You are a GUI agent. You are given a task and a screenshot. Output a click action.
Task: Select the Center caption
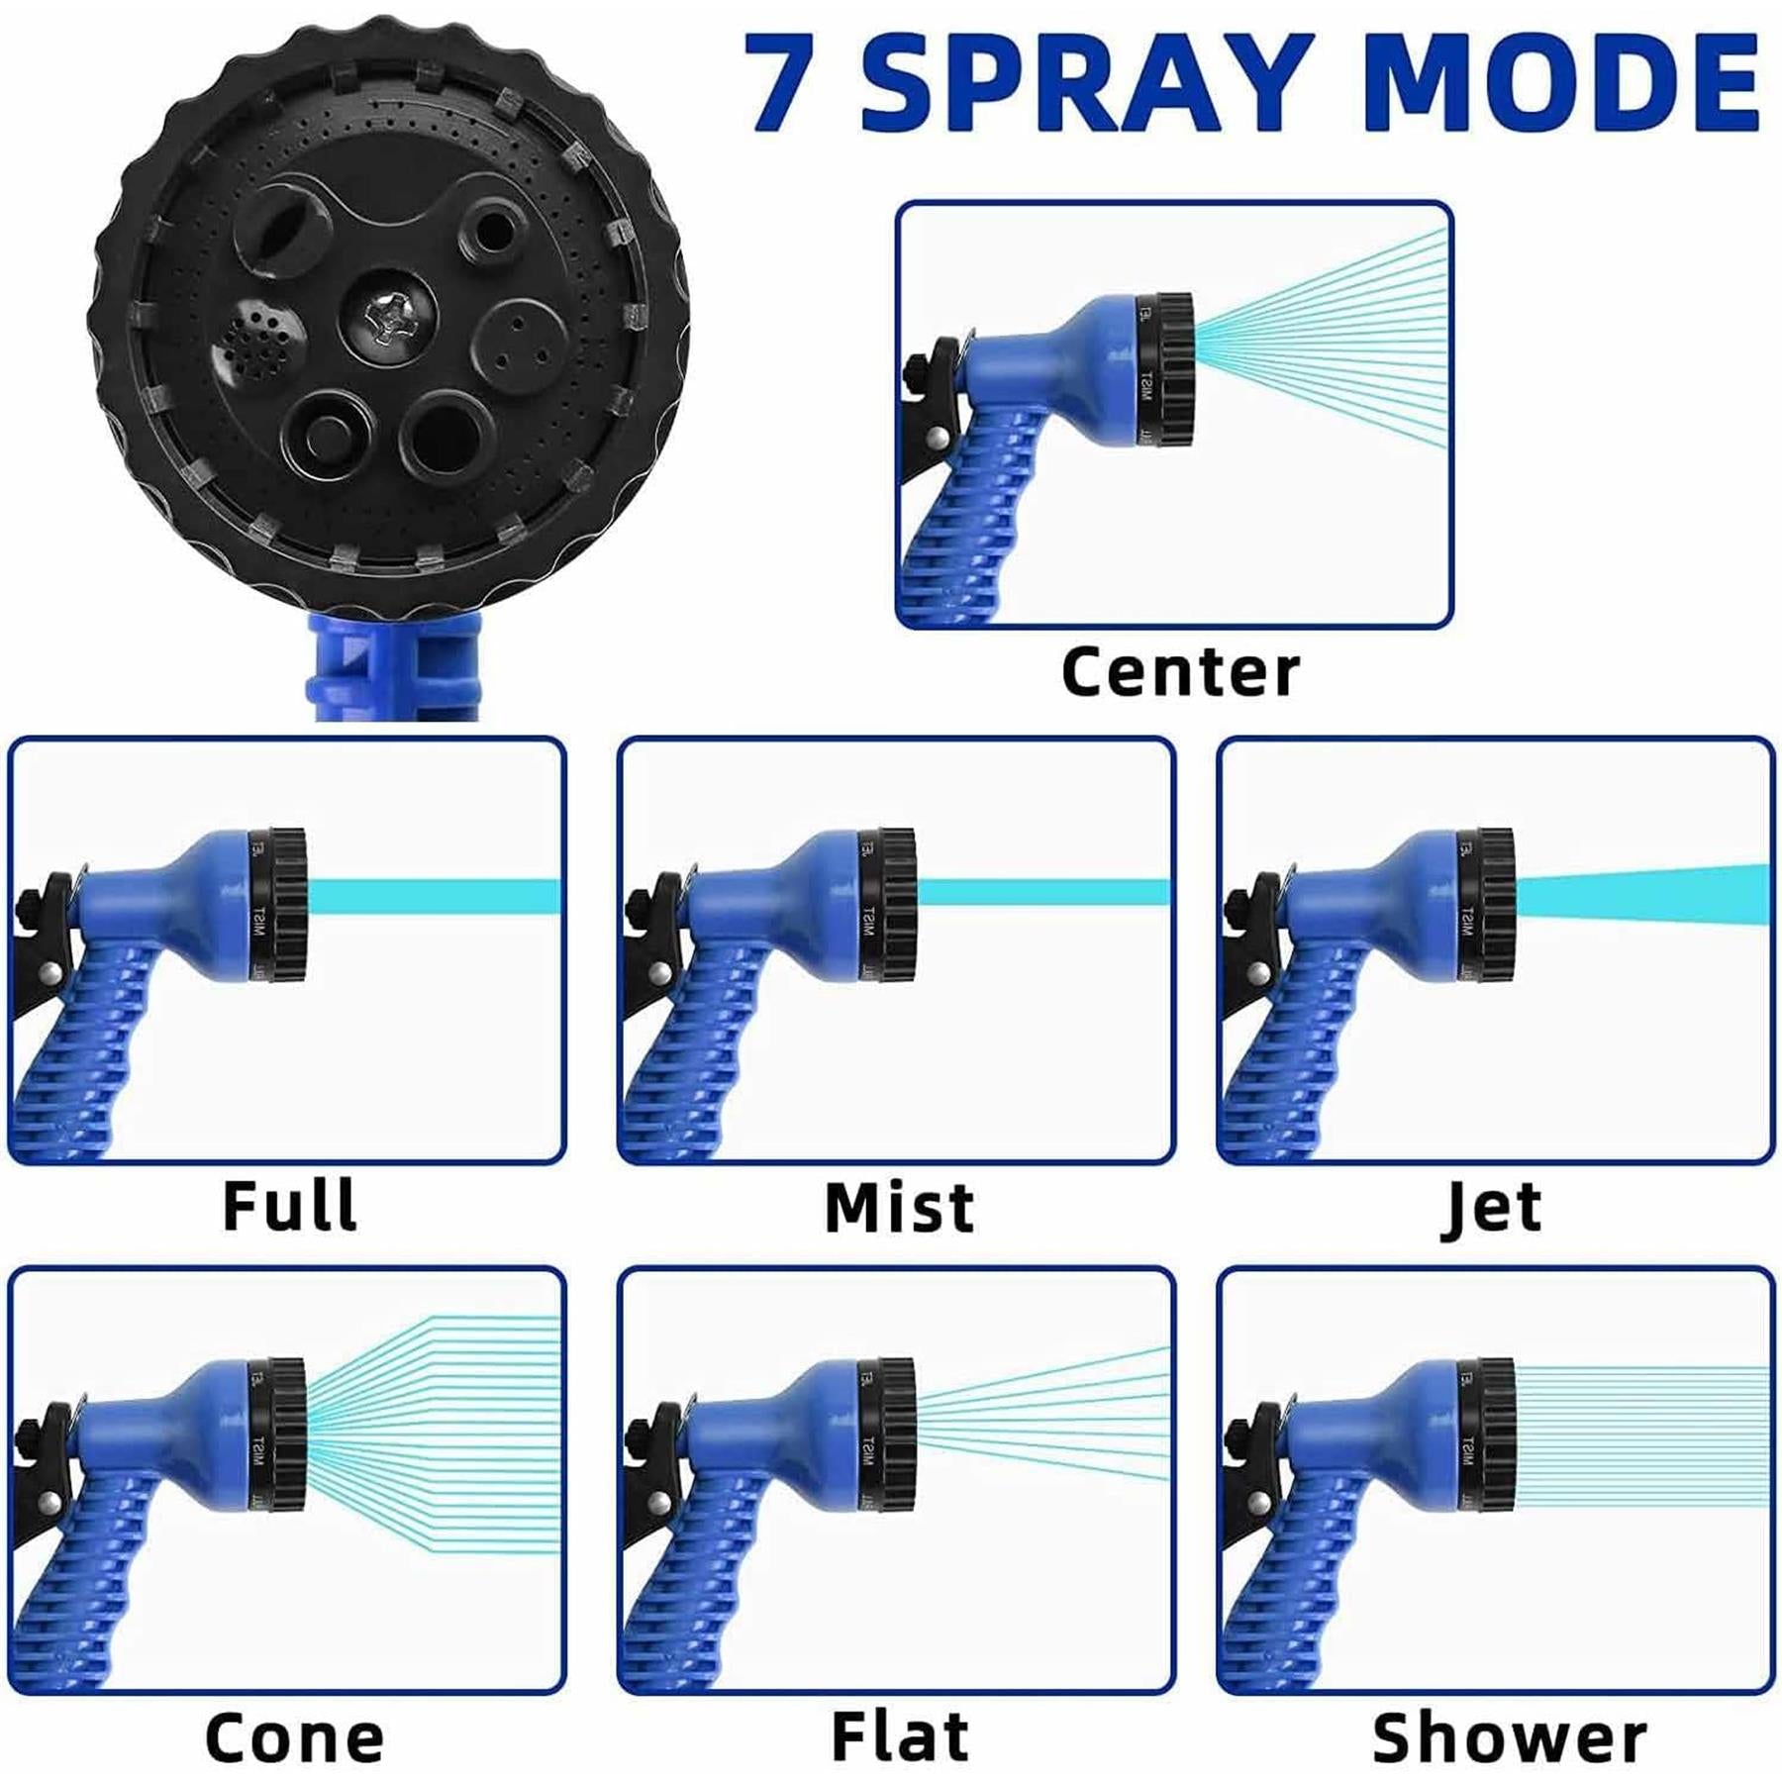pyautogui.click(x=1180, y=672)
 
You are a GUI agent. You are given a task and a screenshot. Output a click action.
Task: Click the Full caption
pyautogui.click(x=289, y=1205)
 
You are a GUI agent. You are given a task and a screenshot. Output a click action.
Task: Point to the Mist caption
pyautogui.click(x=899, y=1208)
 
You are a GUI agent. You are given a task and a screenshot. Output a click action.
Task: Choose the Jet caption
pyautogui.click(x=1492, y=1208)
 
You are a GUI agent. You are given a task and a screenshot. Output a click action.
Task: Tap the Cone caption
pyautogui.click(x=294, y=1738)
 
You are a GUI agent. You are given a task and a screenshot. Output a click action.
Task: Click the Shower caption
pyautogui.click(x=1509, y=1738)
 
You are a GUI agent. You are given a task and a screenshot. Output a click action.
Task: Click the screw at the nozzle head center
pyautogui.click(x=384, y=319)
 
